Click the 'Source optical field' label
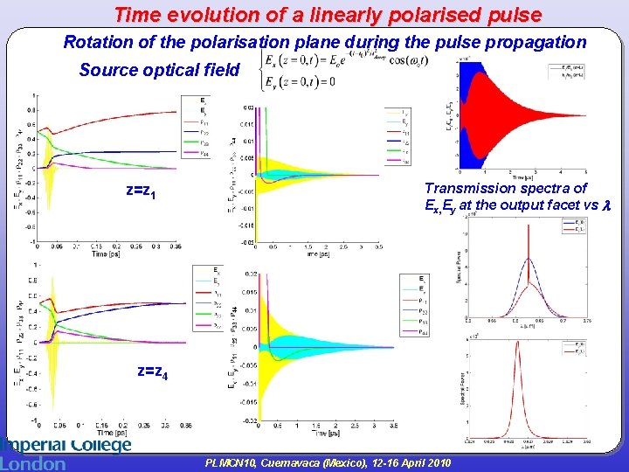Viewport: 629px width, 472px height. click(159, 71)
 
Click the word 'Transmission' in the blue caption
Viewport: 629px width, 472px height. click(476, 188)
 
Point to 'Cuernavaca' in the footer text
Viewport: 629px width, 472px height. click(317, 462)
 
